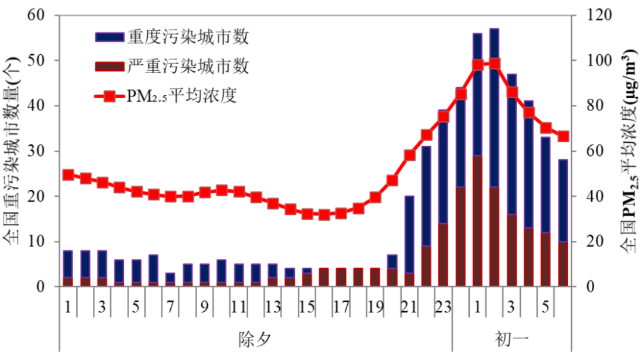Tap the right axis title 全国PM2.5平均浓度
point(628,152)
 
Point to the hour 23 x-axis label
point(443,308)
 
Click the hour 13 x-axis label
point(273,308)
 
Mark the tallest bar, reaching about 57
point(494,158)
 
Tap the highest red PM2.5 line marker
point(494,64)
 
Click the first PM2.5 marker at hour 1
point(68,175)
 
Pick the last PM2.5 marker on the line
point(563,136)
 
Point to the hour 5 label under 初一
point(545,308)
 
